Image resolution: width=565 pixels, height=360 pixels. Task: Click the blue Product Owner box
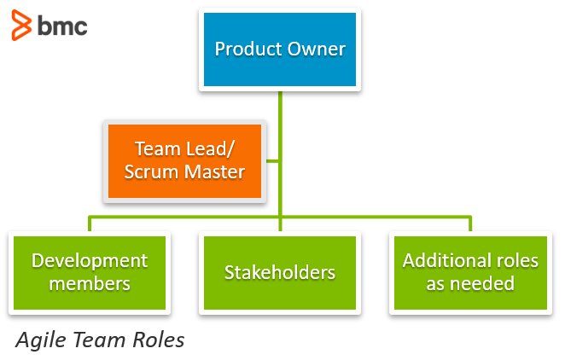[x=280, y=49]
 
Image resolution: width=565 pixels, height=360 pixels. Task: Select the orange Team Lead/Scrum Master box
[x=184, y=160]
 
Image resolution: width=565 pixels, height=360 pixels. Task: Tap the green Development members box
[x=90, y=272]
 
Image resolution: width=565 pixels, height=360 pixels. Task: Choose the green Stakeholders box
[x=280, y=272]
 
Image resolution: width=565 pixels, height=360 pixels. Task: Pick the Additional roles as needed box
[x=470, y=272]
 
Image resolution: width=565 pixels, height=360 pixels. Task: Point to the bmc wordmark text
[x=62, y=26]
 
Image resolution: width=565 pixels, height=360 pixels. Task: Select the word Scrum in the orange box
[x=150, y=171]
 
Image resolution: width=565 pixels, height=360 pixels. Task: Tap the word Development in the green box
[x=90, y=261]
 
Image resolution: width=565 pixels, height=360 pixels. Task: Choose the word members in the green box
[x=90, y=283]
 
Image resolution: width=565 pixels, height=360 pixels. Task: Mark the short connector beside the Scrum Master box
[x=272, y=160]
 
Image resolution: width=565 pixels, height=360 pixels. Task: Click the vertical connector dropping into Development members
[x=90, y=224]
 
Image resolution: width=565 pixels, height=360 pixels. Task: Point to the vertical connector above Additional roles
[x=469, y=224]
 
